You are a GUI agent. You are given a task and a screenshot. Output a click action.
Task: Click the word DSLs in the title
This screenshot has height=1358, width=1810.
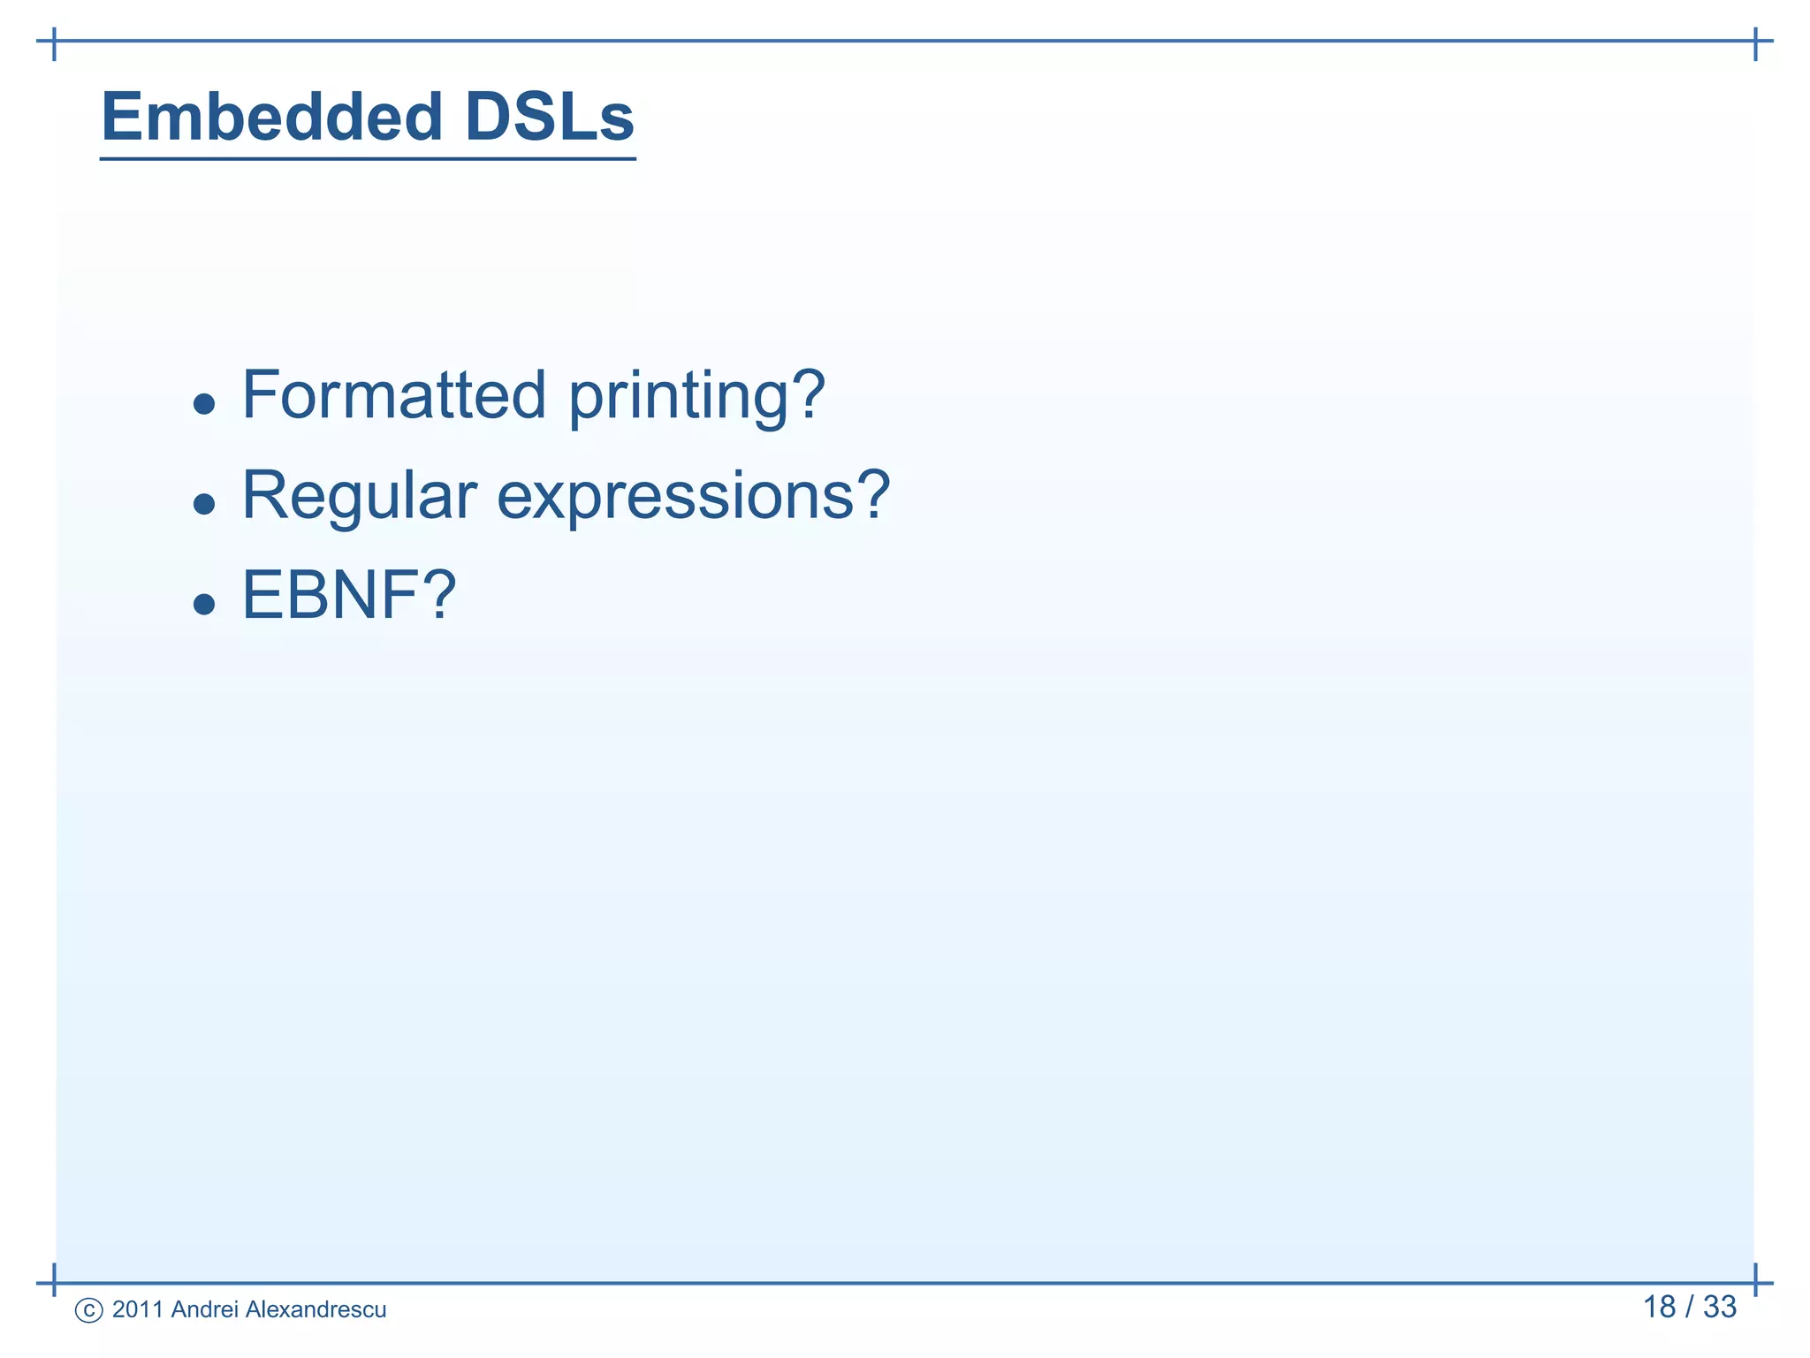(549, 117)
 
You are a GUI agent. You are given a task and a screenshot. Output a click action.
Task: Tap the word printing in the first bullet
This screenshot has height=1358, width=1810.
(679, 398)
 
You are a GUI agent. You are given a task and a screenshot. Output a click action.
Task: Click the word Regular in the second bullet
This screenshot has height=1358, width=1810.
(359, 497)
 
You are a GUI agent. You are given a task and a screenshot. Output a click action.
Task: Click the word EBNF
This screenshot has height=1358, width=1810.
(330, 596)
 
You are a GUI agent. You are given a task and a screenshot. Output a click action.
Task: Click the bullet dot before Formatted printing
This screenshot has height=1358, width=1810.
(204, 405)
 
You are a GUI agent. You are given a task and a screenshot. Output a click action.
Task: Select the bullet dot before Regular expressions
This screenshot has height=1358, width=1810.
(204, 505)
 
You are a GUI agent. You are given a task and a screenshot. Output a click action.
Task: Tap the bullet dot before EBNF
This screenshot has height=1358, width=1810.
(204, 605)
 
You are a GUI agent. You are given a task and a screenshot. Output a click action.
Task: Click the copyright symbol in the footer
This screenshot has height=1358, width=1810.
(89, 1310)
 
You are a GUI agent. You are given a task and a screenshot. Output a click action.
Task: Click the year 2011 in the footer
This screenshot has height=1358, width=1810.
(137, 1309)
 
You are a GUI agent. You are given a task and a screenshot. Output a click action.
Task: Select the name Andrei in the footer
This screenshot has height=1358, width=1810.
(205, 1309)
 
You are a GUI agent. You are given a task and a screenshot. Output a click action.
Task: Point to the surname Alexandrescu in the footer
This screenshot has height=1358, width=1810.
(316, 1309)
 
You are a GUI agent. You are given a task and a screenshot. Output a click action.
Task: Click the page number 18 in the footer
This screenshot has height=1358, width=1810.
(1659, 1307)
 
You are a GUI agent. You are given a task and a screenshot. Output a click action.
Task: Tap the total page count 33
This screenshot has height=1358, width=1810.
(1720, 1307)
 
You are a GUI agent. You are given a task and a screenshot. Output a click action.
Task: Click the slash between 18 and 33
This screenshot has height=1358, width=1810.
(1690, 1307)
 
